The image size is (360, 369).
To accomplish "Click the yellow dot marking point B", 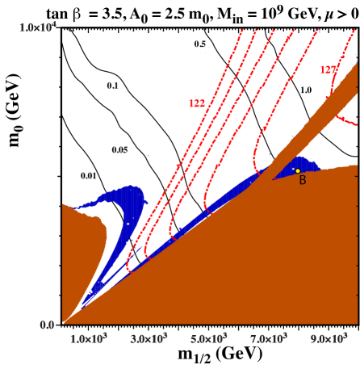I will click(298, 170).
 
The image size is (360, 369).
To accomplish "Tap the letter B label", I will click(303, 181).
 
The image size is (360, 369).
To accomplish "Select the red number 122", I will click(196, 103).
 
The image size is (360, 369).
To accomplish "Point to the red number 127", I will click(327, 70).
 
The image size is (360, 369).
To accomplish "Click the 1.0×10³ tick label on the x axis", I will click(88, 338).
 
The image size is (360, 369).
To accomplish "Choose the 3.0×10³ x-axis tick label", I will click(149, 338).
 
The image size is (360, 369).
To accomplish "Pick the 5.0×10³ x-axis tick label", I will click(208, 338).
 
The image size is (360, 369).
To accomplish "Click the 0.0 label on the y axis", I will click(46, 325).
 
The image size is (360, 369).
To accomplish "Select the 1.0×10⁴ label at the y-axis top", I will click(38, 28).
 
